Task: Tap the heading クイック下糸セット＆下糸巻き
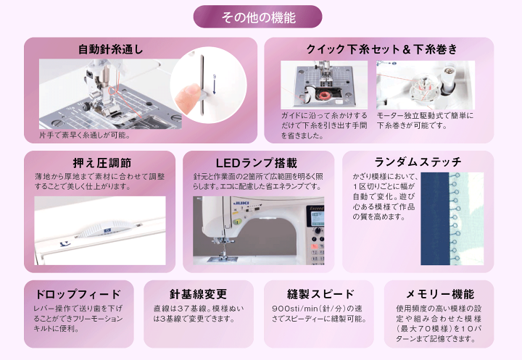[x=381, y=50]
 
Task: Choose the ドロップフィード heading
[x=78, y=294]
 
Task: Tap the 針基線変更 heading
[x=198, y=294]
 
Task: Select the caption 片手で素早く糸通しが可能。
[x=85, y=135]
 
